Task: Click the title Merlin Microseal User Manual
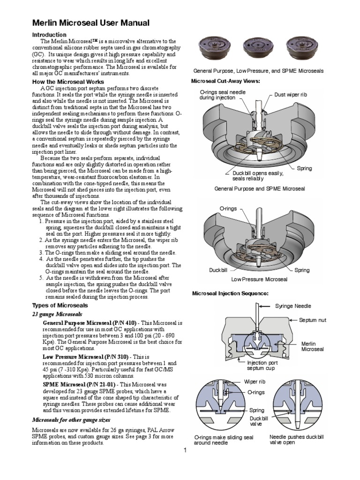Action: click(90, 23)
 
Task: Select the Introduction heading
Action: click(49, 35)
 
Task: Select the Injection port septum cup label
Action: click(263, 365)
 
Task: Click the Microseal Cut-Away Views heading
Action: click(226, 81)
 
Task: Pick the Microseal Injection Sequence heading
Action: click(230, 293)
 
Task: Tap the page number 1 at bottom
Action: click(185, 451)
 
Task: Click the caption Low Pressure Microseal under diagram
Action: click(259, 280)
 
